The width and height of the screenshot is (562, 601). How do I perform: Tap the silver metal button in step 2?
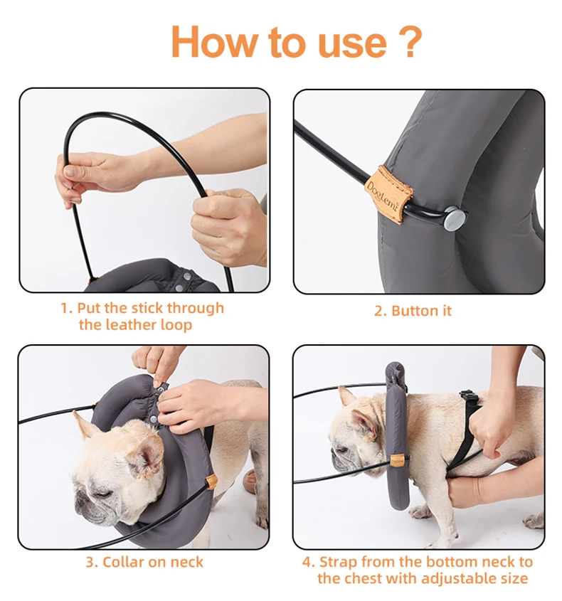452,218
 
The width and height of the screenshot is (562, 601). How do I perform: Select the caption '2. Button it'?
413,311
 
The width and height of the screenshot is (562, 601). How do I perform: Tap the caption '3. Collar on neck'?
144,562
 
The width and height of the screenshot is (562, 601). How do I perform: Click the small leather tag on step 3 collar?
211,483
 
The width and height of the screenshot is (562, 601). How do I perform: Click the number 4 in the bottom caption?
308,562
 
